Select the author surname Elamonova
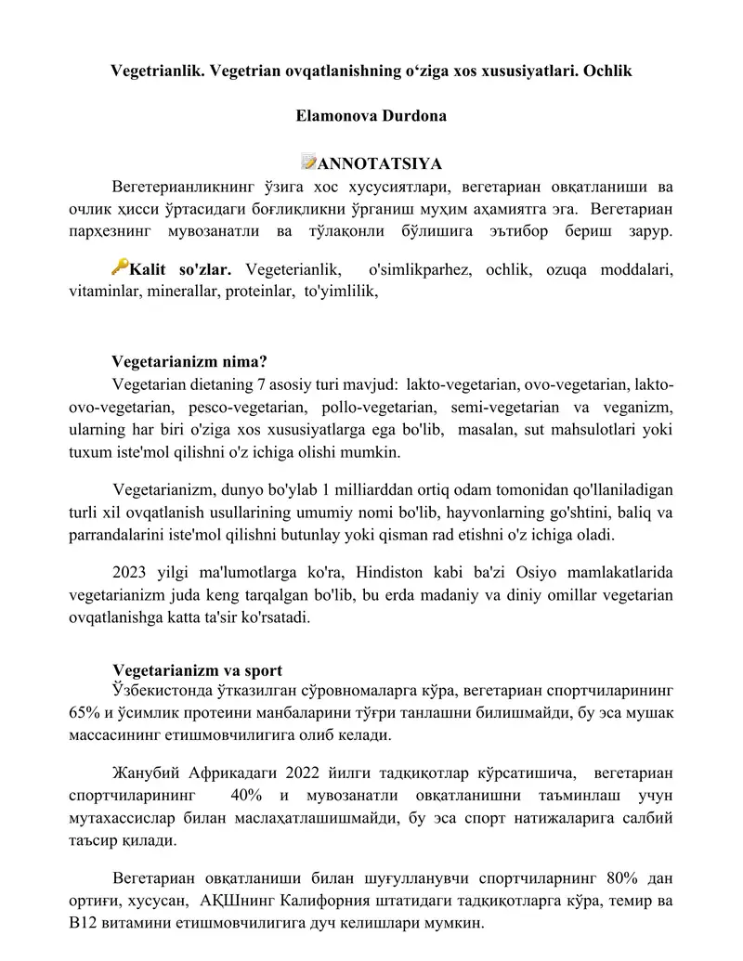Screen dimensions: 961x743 (x=336, y=117)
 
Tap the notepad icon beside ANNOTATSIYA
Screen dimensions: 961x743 (x=308, y=164)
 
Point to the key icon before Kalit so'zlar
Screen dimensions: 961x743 (x=119, y=267)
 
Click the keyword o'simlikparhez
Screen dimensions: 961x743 (x=423, y=270)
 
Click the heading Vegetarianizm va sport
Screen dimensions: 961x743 (x=197, y=671)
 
